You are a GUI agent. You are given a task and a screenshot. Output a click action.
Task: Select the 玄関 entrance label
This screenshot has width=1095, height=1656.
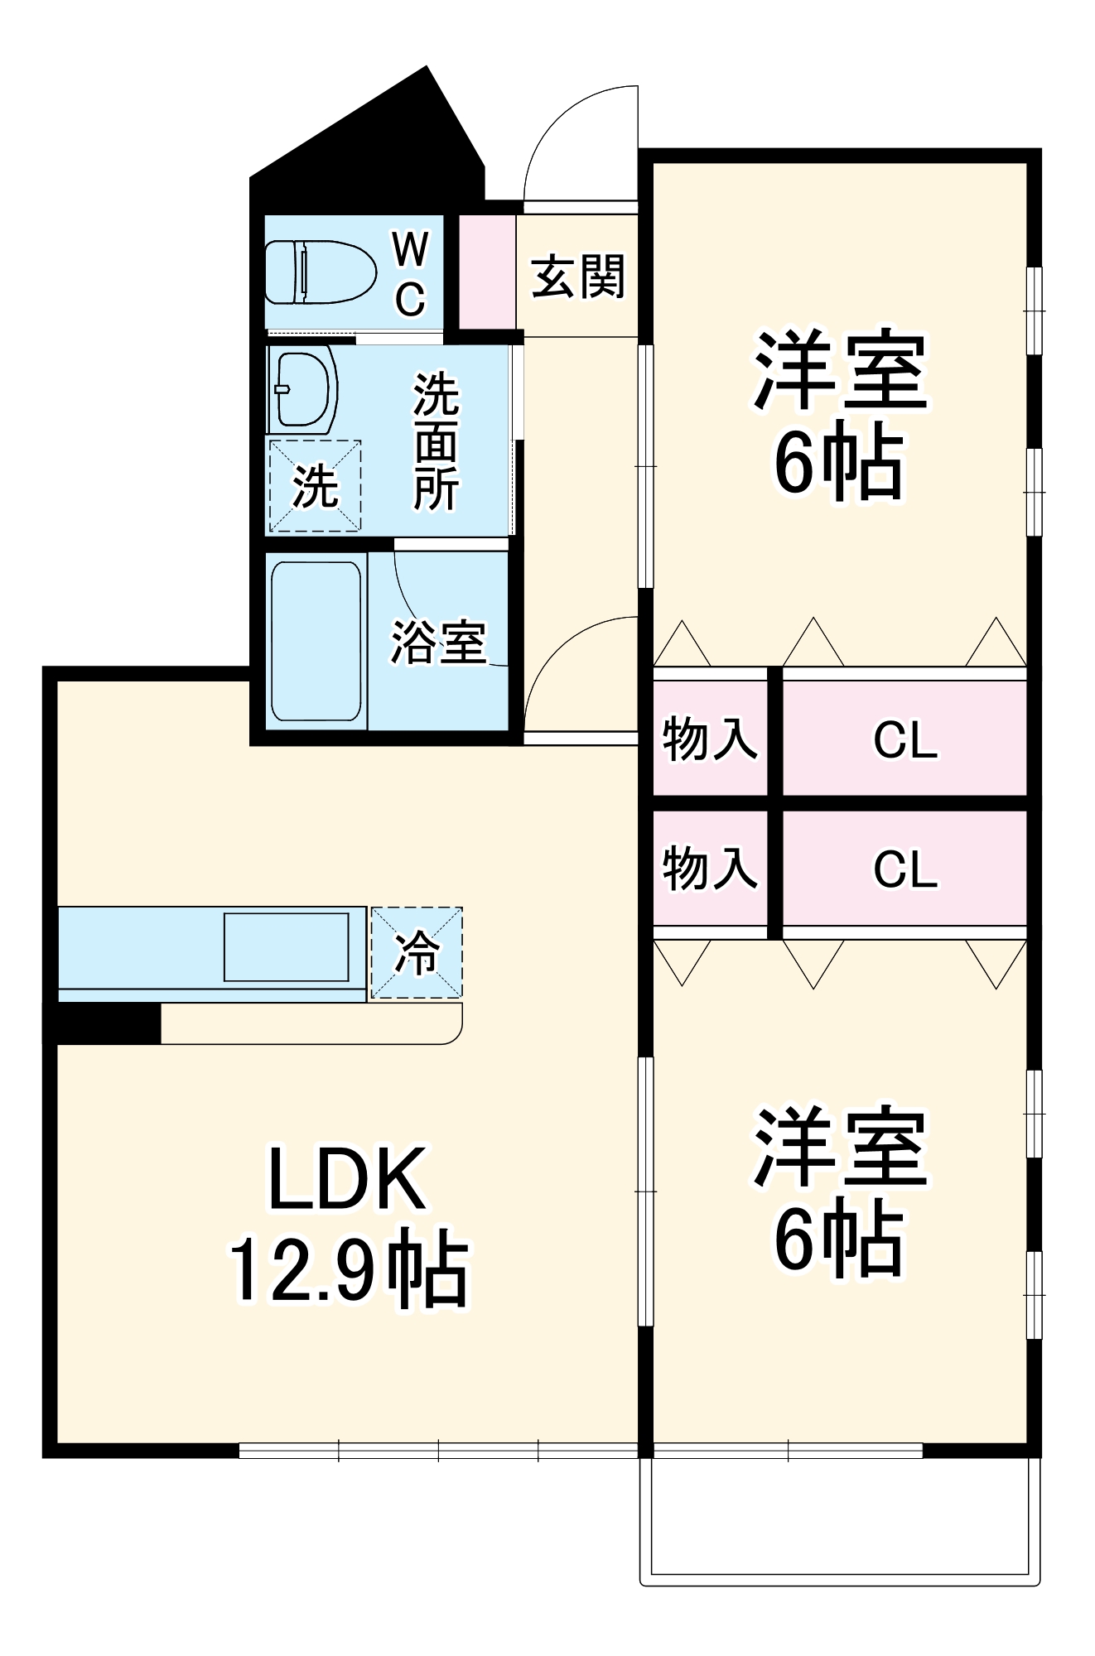pos(577,277)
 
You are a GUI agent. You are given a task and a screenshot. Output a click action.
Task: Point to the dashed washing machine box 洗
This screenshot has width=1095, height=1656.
pos(315,486)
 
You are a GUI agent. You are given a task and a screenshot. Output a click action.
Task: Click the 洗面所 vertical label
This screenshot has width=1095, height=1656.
pos(436,441)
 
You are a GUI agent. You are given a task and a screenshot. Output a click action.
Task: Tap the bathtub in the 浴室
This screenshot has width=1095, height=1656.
pos(316,642)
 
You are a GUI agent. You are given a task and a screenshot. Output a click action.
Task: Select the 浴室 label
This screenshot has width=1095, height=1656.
pos(438,642)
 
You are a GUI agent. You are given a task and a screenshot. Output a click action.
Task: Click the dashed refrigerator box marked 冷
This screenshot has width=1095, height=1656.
pos(417,953)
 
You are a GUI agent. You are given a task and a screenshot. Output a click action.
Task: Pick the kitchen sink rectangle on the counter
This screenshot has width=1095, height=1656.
pos(287,947)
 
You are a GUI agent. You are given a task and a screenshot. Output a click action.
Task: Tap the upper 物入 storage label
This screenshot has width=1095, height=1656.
pos(710,739)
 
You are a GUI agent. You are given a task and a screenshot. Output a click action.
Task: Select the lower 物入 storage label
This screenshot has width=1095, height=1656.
pos(710,869)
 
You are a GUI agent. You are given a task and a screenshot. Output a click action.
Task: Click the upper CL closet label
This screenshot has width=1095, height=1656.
pos(905,739)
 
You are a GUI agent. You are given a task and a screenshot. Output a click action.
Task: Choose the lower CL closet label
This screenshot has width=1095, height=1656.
pos(905,869)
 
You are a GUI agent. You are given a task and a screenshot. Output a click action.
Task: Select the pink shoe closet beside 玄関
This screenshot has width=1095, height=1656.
pos(487,272)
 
